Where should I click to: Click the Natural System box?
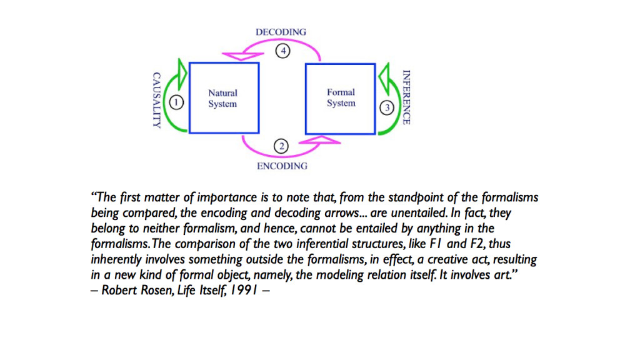point(223,97)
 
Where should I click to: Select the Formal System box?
point(341,97)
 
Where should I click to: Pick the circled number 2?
point(282,147)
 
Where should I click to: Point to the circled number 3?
point(387,107)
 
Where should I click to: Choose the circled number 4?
point(282,52)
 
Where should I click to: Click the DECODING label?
point(281,32)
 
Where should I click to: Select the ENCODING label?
point(282,166)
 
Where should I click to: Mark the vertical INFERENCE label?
point(406,97)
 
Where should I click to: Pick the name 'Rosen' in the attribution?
point(160,290)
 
